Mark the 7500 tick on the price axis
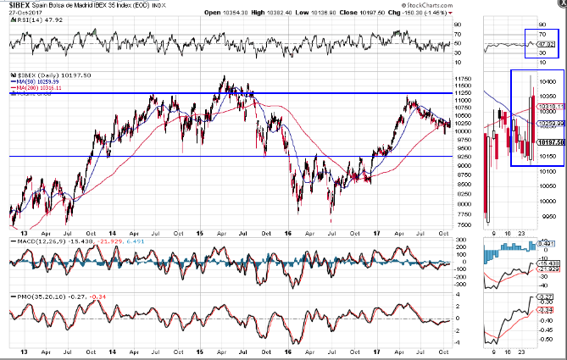461,224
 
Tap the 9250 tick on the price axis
461,158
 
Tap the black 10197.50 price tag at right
550,142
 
